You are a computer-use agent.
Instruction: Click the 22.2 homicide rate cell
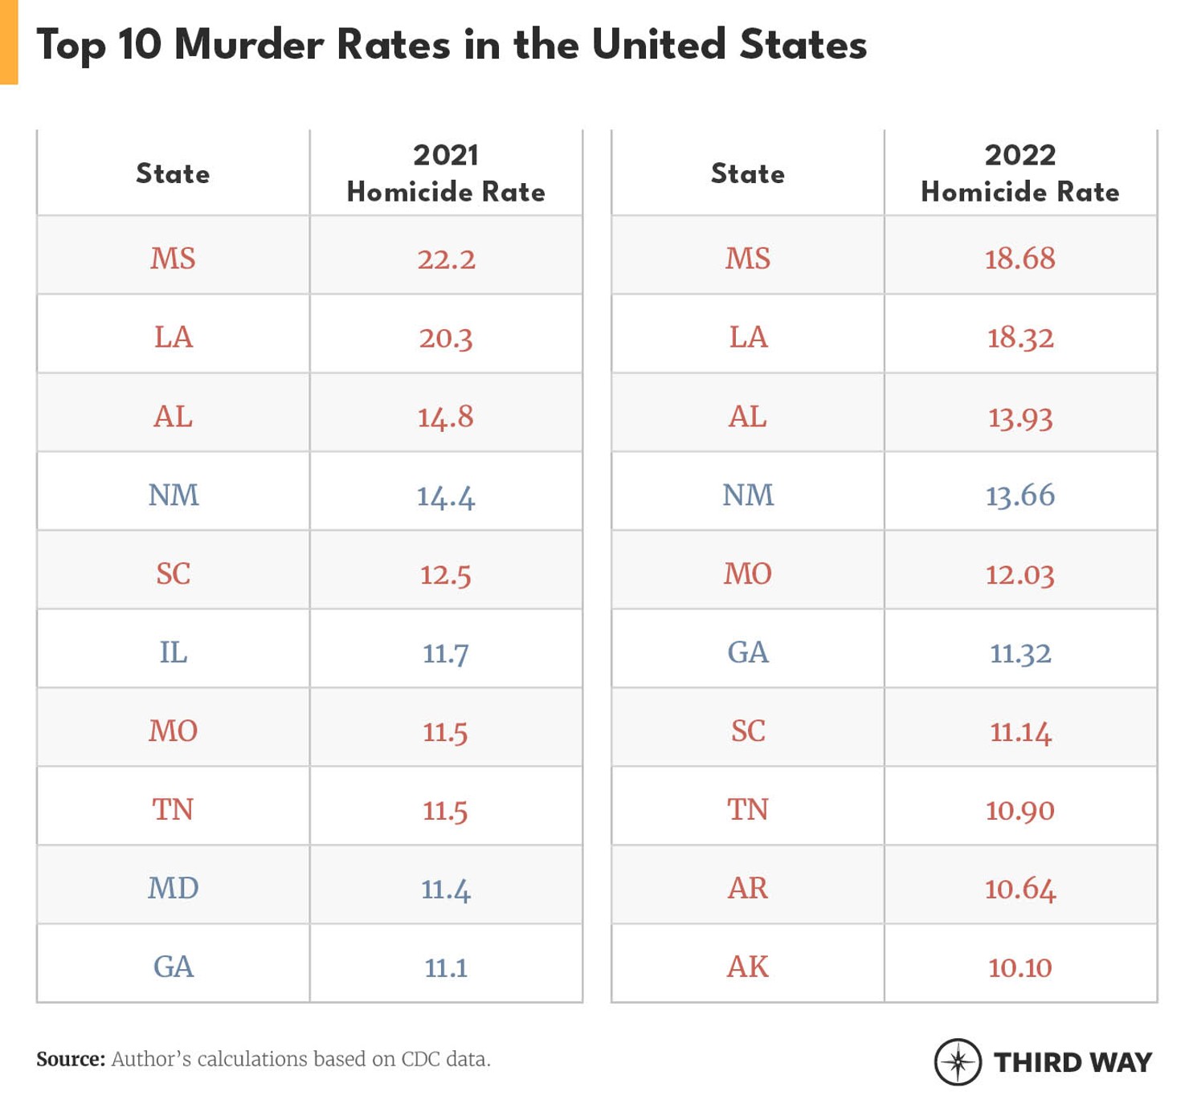446,259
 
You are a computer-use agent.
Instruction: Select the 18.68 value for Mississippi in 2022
1019,259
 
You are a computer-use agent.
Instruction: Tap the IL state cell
173,652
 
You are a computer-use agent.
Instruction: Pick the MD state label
173,888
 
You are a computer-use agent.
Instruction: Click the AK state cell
747,967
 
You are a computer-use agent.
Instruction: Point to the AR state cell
747,888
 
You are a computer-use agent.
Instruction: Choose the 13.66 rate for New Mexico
1019,495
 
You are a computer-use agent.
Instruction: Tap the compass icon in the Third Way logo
958,1062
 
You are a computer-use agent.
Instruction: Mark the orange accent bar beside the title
9,42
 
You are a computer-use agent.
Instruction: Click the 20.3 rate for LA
446,337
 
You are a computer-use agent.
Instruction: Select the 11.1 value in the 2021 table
446,967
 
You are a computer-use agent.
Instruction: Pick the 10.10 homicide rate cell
1019,967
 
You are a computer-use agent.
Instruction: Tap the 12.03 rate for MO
1019,573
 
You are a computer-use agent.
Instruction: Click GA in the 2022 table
747,652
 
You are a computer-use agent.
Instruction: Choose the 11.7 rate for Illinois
446,652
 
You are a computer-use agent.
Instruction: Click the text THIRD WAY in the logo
1073,1062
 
